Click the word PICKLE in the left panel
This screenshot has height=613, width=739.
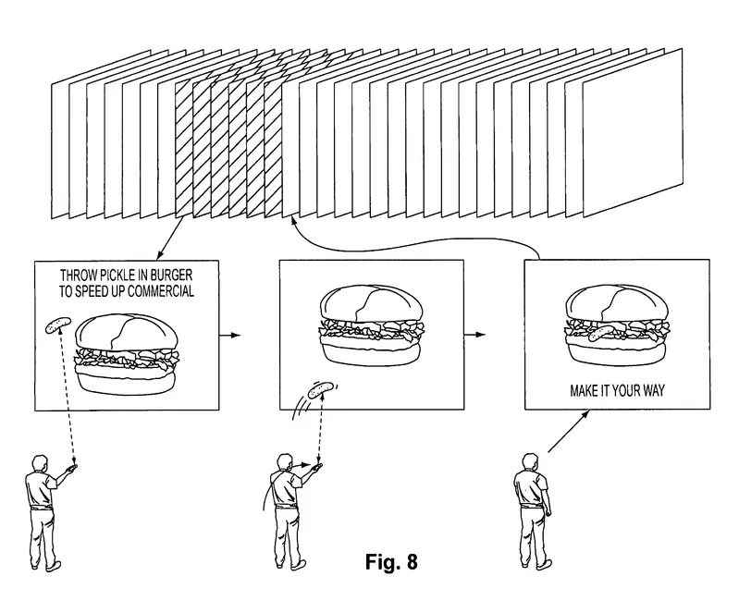(119, 276)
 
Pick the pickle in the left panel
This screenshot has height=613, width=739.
(55, 325)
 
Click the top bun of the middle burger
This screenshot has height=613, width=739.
(373, 303)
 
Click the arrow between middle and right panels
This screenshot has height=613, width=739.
(477, 334)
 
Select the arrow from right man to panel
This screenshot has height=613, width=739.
(570, 432)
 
